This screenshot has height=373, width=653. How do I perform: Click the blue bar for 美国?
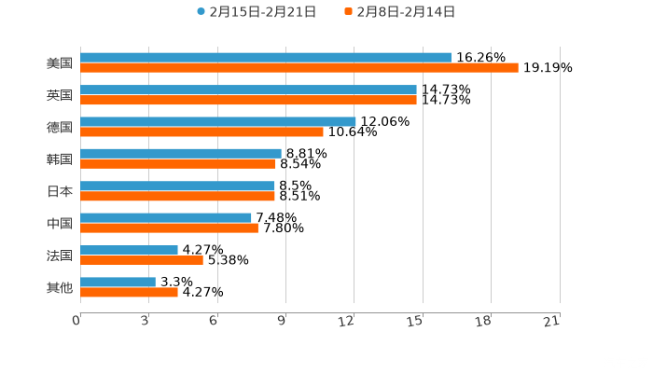266,58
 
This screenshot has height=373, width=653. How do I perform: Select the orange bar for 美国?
299,68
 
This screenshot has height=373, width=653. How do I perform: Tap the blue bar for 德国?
218,121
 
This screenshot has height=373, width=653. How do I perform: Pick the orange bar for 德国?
201,131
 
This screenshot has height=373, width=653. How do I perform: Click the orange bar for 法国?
142,260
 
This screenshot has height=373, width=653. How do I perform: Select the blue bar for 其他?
118,282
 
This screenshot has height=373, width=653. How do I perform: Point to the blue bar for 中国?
166,217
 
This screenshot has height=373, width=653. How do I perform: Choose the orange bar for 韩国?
178,164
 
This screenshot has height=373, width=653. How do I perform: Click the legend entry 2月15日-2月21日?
257,12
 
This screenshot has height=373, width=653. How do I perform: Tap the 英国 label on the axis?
60,95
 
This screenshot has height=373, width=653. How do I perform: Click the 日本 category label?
60,191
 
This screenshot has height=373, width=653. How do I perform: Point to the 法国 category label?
60,256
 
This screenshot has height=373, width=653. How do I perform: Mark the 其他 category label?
60,288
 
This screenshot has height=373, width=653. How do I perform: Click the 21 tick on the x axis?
551,321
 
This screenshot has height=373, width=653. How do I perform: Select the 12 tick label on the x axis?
347,321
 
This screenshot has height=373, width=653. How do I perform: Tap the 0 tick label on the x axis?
76,321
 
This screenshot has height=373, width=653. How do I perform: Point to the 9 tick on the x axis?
282,321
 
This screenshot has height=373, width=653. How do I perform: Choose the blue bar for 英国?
248,90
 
